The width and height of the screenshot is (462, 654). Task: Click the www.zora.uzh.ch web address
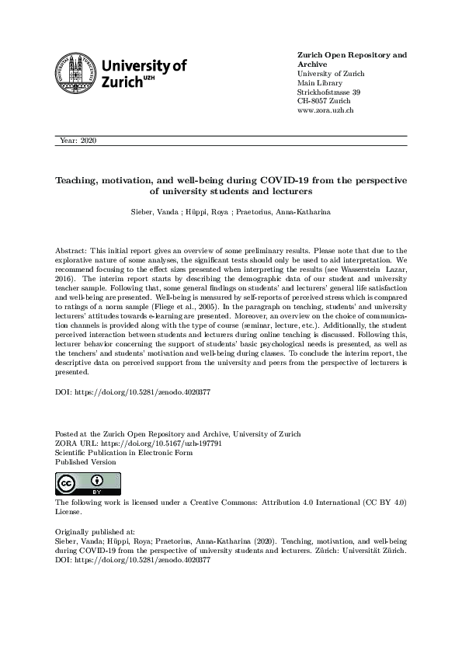click(x=326, y=111)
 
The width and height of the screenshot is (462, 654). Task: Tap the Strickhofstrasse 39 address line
click(x=328, y=92)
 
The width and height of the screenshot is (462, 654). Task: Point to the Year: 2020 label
click(x=78, y=141)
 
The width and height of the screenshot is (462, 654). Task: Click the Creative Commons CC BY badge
click(x=76, y=484)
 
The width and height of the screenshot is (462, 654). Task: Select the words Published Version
click(x=85, y=461)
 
